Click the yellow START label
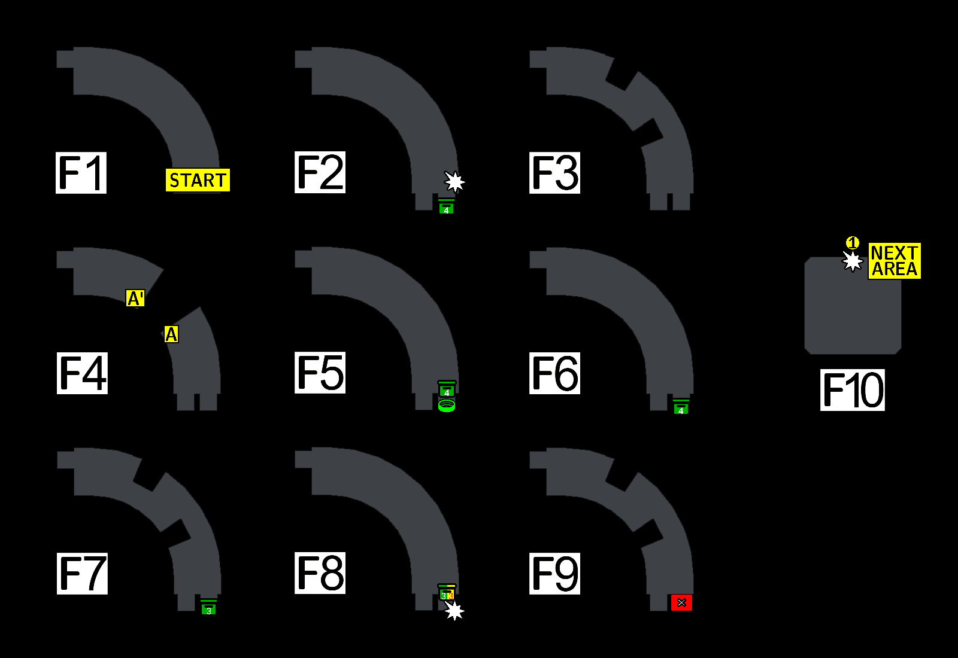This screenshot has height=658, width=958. pos(198,180)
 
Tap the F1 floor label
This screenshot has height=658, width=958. pos(81,173)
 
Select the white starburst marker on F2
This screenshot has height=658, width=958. pos(454,181)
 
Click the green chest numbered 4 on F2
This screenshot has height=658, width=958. pos(446,207)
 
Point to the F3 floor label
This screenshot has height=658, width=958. pos(554,173)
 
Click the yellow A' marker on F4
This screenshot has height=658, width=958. pos(135,298)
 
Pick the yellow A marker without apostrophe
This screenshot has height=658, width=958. pos(171,334)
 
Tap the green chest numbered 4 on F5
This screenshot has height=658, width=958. pos(447,389)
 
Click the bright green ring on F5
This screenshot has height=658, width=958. pos(447,406)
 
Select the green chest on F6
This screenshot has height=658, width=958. pos(681,407)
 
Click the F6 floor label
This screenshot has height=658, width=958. pos(554,373)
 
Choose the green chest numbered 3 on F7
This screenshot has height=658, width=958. pos(209,608)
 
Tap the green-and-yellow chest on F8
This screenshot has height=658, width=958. pos(447,593)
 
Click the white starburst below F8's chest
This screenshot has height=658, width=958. pos(454,611)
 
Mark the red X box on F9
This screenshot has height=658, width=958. pos(681,602)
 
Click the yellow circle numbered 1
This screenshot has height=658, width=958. pos(853,243)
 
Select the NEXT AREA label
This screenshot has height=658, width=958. pos(895,261)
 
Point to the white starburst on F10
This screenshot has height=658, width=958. pos(853,261)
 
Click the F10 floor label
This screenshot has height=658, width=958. pos(853,390)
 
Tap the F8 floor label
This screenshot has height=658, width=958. pos(320,573)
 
